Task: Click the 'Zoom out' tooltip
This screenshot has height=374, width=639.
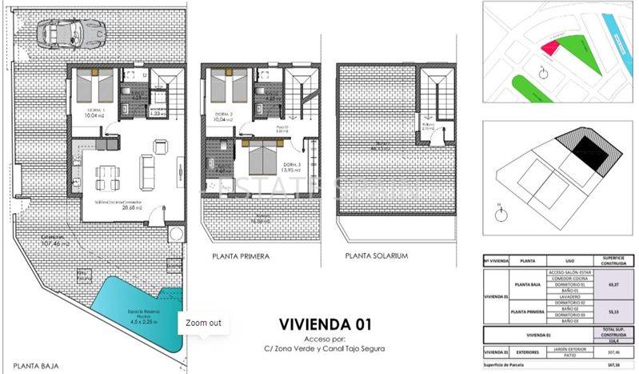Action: pyautogui.click(x=203, y=323)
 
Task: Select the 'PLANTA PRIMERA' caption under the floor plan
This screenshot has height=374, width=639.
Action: pyautogui.click(x=241, y=256)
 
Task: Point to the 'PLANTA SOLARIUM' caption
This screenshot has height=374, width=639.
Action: pyautogui.click(x=377, y=256)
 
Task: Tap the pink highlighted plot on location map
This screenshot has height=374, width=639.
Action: pyautogui.click(x=549, y=47)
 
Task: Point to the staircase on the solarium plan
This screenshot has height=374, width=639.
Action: pyautogui.click(x=436, y=96)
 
